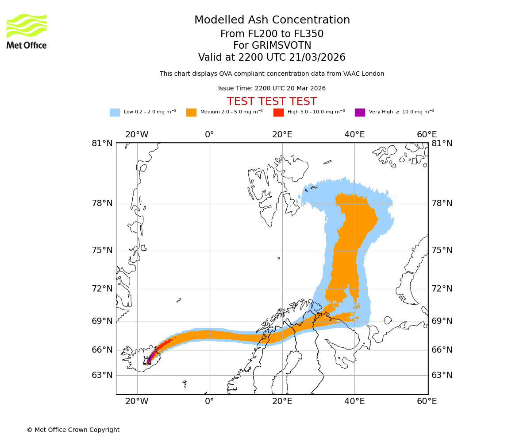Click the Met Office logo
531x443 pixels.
coord(27,31)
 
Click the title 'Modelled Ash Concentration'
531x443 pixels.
coord(272,20)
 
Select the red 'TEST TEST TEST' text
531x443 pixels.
coord(272,102)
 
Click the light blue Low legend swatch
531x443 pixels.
coord(115,113)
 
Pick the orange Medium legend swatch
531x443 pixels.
coord(191,113)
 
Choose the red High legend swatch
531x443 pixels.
coord(278,113)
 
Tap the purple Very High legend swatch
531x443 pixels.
coord(360,113)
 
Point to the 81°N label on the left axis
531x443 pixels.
coord(102,144)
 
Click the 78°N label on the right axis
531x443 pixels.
coord(442,203)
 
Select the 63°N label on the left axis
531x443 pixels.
coord(102,375)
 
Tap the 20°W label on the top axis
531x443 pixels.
coord(137,135)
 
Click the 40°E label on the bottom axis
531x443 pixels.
coord(354,402)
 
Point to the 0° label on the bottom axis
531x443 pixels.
coord(210,402)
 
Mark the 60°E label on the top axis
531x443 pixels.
coord(427,135)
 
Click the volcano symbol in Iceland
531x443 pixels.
coord(147,361)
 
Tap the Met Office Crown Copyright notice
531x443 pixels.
coord(73,430)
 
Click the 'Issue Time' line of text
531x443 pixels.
coord(272,89)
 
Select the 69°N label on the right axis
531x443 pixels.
coord(442,321)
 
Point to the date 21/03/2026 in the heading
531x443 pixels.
coord(317,58)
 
